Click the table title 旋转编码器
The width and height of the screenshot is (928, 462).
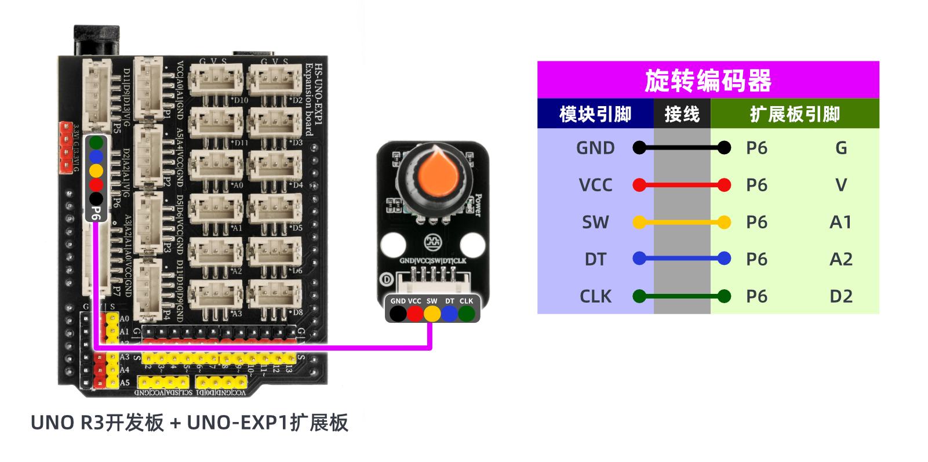point(708,81)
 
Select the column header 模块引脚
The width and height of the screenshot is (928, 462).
point(595,114)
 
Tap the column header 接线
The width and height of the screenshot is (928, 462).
point(682,114)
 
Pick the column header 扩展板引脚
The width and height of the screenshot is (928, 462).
point(795,114)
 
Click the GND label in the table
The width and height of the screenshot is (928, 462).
point(595,148)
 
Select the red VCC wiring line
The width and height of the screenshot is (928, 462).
point(682,185)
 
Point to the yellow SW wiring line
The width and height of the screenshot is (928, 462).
point(682,222)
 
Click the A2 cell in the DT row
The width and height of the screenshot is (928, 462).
point(841,259)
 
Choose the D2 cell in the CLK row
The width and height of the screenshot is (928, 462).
point(841,296)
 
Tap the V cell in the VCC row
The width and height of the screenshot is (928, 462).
point(841,185)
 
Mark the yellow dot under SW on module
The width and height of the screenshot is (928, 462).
point(432,314)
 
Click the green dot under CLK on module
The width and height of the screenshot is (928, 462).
point(467,314)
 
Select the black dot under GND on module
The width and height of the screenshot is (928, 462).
point(398,314)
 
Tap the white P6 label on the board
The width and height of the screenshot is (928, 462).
point(96,213)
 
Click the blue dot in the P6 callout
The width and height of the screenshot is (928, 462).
point(96,157)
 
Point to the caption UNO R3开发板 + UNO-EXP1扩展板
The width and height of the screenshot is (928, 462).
point(190,423)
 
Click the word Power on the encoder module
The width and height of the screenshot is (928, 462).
point(478,205)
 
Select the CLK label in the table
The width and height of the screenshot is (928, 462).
point(595,296)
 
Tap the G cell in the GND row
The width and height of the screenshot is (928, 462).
point(841,148)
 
